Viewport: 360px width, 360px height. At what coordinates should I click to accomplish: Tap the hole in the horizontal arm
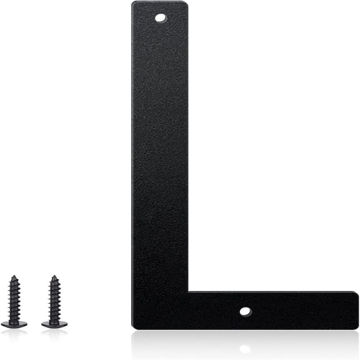pyautogui.click(x=245, y=310)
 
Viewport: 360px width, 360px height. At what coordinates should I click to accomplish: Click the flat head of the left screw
pyautogui.click(x=14, y=323)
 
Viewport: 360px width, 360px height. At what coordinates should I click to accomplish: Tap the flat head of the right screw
pyautogui.click(x=54, y=323)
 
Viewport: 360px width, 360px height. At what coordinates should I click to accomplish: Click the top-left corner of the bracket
pyautogui.click(x=133, y=3)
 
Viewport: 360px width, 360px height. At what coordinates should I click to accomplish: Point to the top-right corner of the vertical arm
pyautogui.click(x=186, y=3)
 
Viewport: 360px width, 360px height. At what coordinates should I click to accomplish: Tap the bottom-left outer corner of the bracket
pyautogui.click(x=133, y=327)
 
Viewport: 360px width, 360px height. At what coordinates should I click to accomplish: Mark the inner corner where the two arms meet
pyautogui.click(x=188, y=292)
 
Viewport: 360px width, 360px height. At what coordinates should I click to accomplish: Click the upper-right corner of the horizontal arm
pyautogui.click(x=357, y=292)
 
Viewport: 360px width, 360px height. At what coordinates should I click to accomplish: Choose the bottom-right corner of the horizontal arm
pyautogui.click(x=357, y=326)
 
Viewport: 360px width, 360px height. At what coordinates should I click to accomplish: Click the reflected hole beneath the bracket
pyautogui.click(x=245, y=347)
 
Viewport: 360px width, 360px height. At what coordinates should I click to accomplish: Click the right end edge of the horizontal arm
pyautogui.click(x=357, y=309)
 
